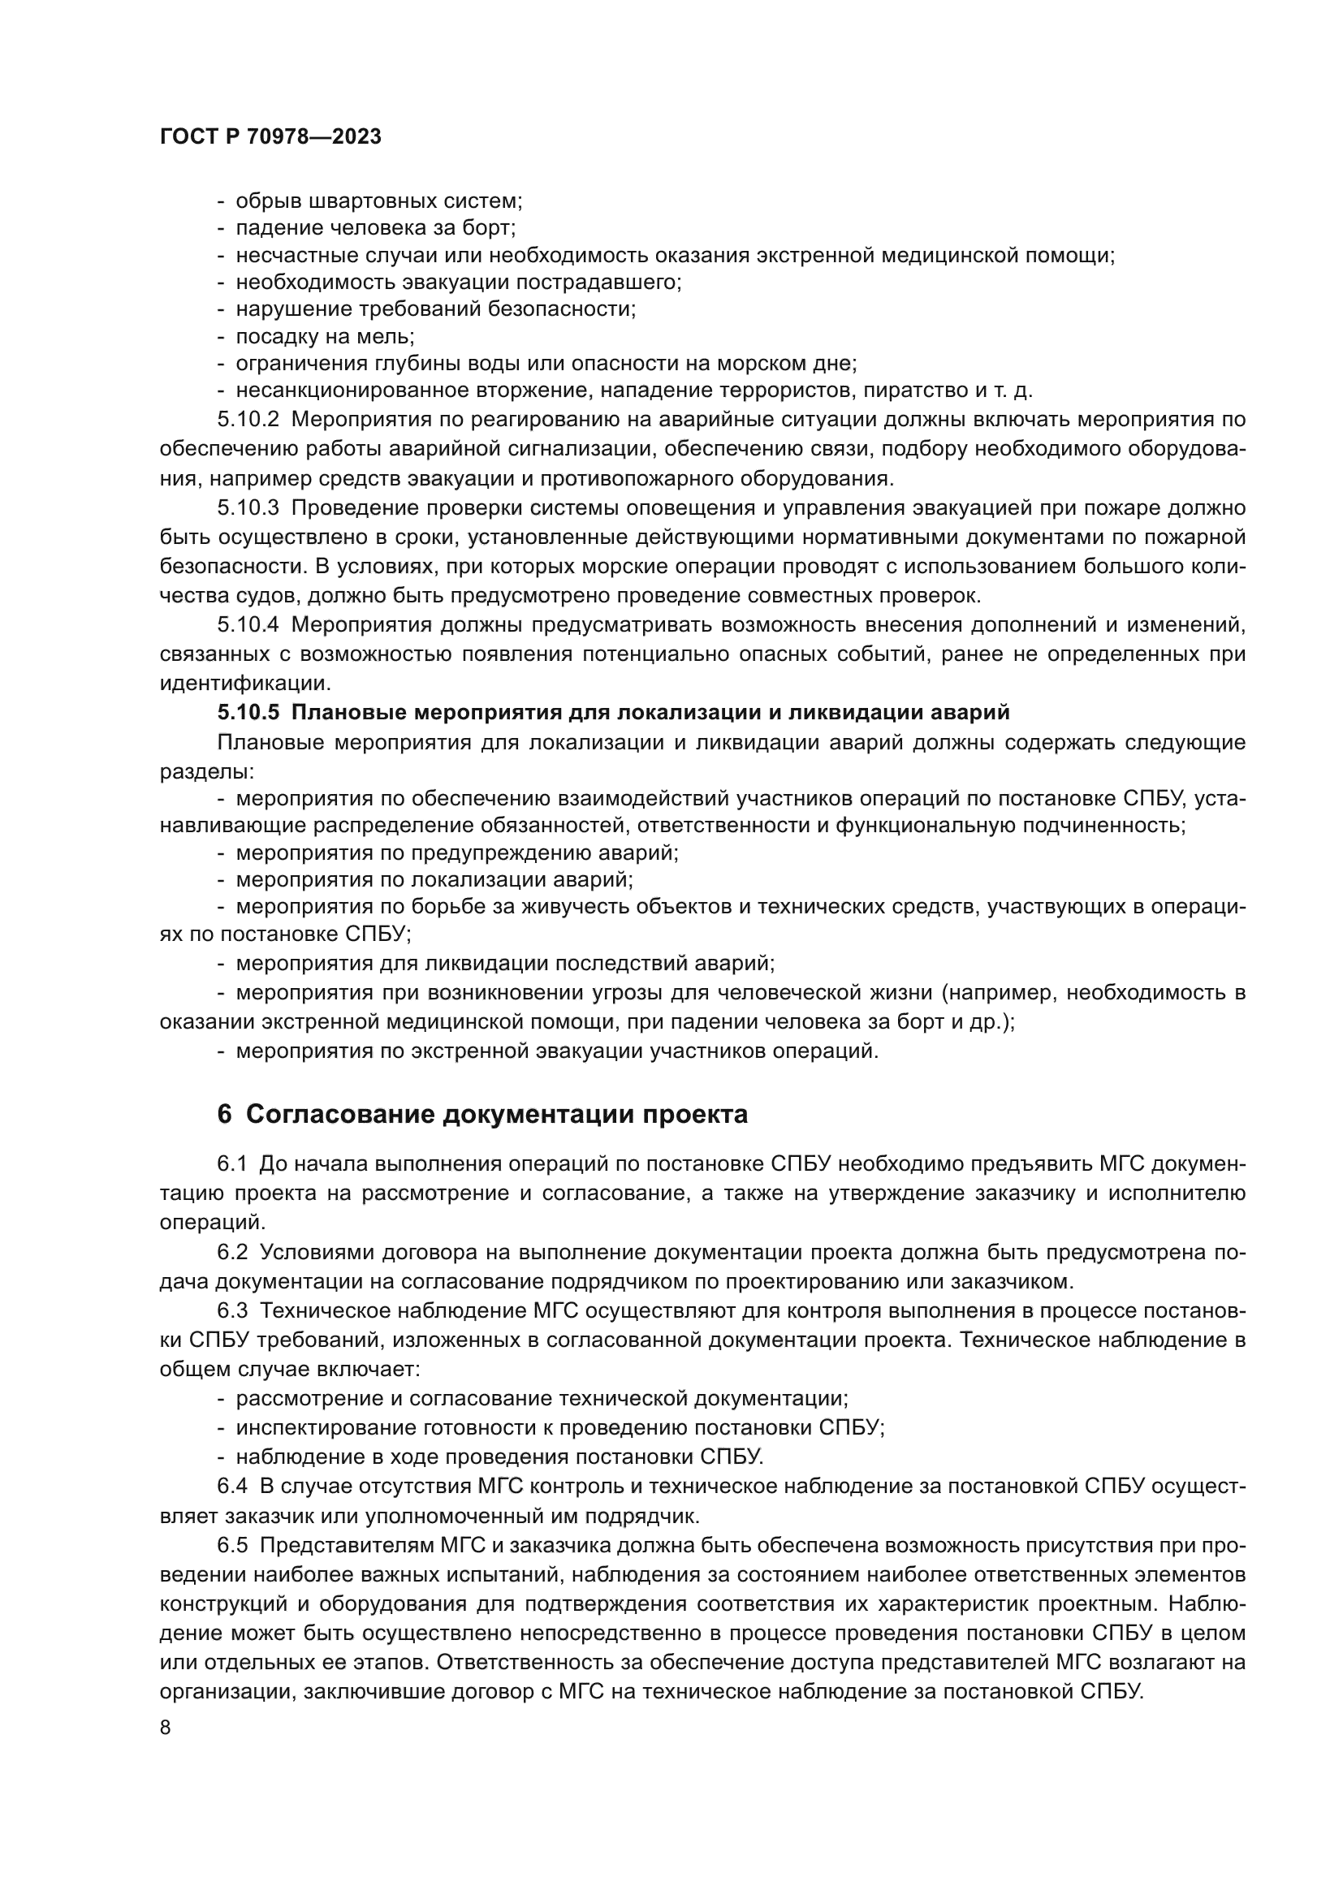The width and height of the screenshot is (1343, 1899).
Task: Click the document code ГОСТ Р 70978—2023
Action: click(270, 137)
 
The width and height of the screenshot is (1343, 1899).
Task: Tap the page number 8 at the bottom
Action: click(166, 1728)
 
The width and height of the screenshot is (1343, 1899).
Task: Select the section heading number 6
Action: click(225, 1115)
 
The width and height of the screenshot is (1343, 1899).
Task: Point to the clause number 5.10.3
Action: click(249, 507)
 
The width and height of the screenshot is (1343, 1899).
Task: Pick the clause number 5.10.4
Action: click(249, 625)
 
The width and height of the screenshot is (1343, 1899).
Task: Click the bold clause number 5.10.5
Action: click(250, 713)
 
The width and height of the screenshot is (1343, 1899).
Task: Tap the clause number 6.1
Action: click(232, 1163)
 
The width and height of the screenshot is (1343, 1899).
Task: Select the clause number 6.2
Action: click(232, 1252)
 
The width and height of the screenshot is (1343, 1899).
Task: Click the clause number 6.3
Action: click(232, 1311)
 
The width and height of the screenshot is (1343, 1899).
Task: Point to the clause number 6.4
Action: click(232, 1487)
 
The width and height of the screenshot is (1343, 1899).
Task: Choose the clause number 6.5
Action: click(232, 1546)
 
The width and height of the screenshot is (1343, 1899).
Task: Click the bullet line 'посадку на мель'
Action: click(325, 337)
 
